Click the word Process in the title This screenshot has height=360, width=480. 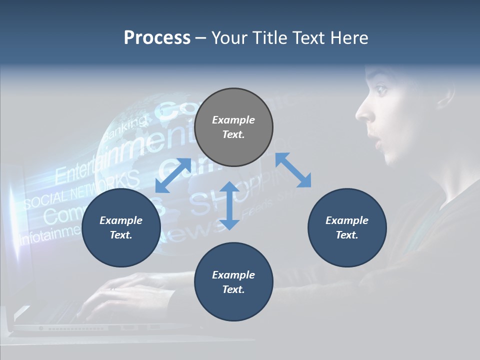tap(157, 38)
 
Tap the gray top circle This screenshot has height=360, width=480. tap(233, 127)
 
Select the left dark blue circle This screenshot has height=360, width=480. tap(121, 228)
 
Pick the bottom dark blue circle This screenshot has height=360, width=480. tap(233, 282)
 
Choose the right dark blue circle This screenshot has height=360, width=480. tap(347, 228)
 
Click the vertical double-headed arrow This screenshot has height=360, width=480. tap(229, 205)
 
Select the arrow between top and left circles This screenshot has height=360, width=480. tap(173, 175)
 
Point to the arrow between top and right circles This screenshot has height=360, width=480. tap(293, 170)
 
